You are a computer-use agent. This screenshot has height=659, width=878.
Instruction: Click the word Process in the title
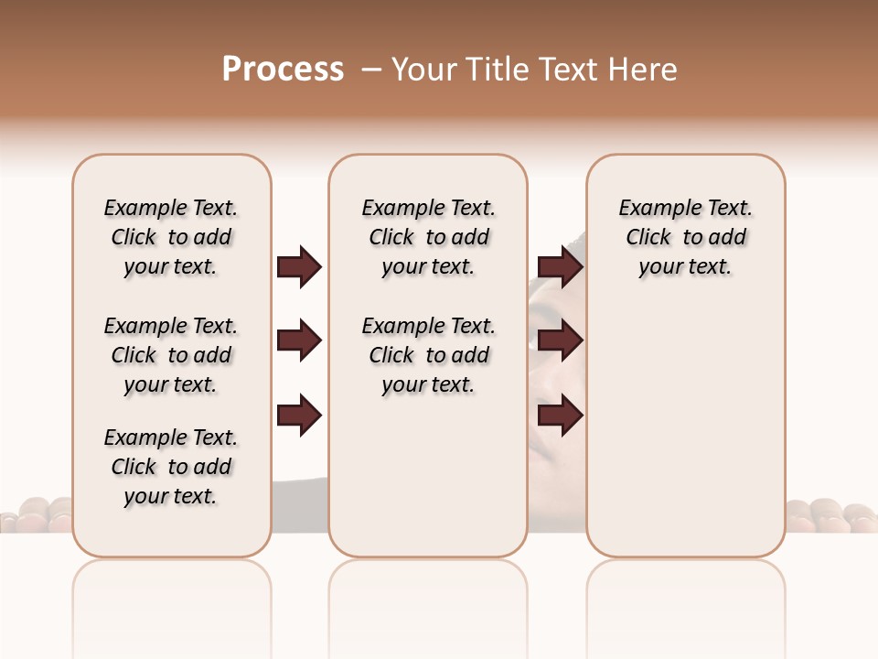283,70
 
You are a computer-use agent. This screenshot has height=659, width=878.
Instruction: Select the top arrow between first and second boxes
299,267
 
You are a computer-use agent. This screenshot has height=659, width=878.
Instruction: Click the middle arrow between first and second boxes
299,341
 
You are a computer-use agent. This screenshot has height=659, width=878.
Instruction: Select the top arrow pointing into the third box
560,267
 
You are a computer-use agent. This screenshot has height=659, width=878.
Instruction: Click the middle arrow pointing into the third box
560,341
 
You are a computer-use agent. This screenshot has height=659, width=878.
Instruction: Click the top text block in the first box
171,237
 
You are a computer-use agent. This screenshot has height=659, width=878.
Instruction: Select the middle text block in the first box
171,355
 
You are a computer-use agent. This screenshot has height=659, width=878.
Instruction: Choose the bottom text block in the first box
171,467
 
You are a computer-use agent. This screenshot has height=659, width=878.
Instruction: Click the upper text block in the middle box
428,237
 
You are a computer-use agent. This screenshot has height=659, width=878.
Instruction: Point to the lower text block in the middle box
428,355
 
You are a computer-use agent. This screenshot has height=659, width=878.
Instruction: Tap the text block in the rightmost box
685,237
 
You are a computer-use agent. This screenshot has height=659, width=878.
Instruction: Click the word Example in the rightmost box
654,209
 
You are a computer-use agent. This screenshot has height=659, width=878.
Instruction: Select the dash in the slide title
371,70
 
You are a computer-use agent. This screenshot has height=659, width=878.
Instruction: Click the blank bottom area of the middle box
428,485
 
